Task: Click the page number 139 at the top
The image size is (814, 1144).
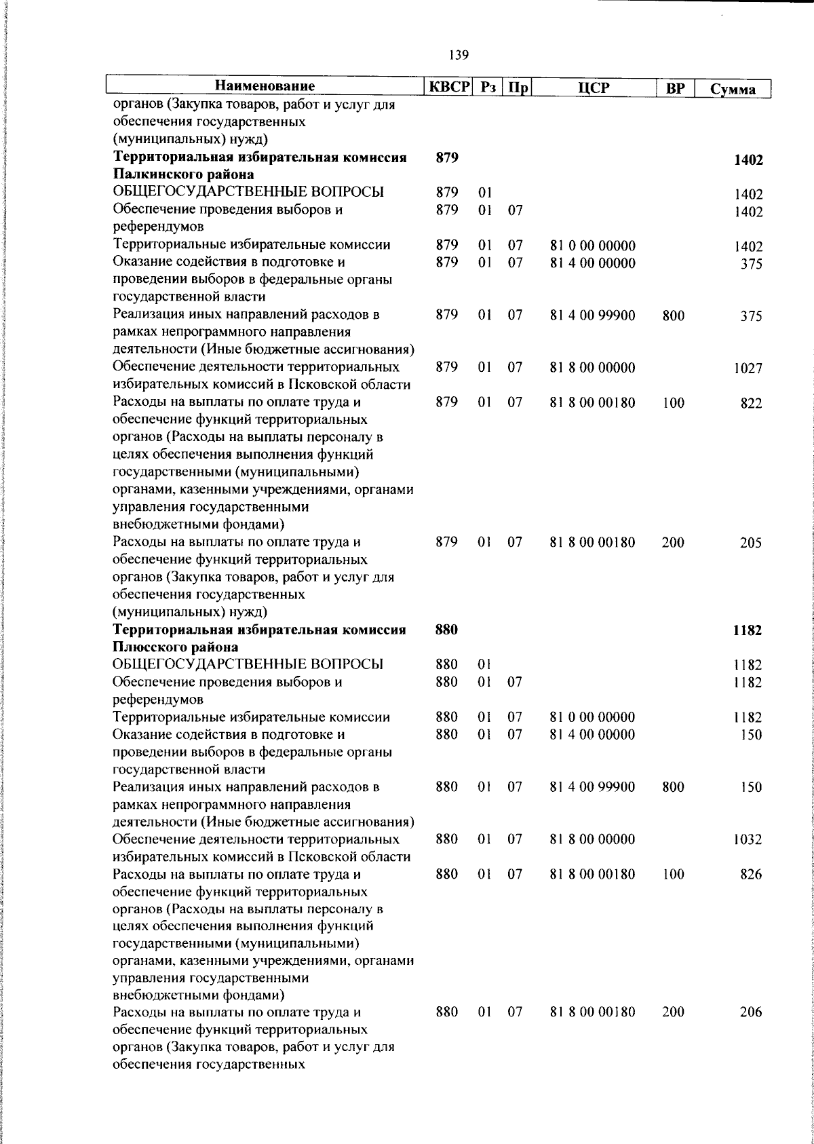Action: [459, 54]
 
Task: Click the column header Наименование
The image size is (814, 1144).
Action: [265, 87]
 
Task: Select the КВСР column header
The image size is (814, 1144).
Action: [448, 87]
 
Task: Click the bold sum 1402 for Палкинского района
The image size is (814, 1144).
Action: [748, 160]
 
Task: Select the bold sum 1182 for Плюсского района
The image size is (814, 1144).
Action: [748, 630]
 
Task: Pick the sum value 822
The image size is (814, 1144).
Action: [751, 403]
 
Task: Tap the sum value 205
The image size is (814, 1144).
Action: [751, 543]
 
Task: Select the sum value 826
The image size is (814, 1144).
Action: [751, 875]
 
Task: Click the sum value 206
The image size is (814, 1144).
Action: [751, 1012]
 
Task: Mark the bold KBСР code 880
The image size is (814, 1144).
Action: [446, 630]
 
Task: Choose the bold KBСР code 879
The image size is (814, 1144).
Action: [446, 158]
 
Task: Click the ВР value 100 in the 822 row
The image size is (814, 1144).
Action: [673, 403]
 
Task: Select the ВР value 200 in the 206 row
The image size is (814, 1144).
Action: [673, 1012]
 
